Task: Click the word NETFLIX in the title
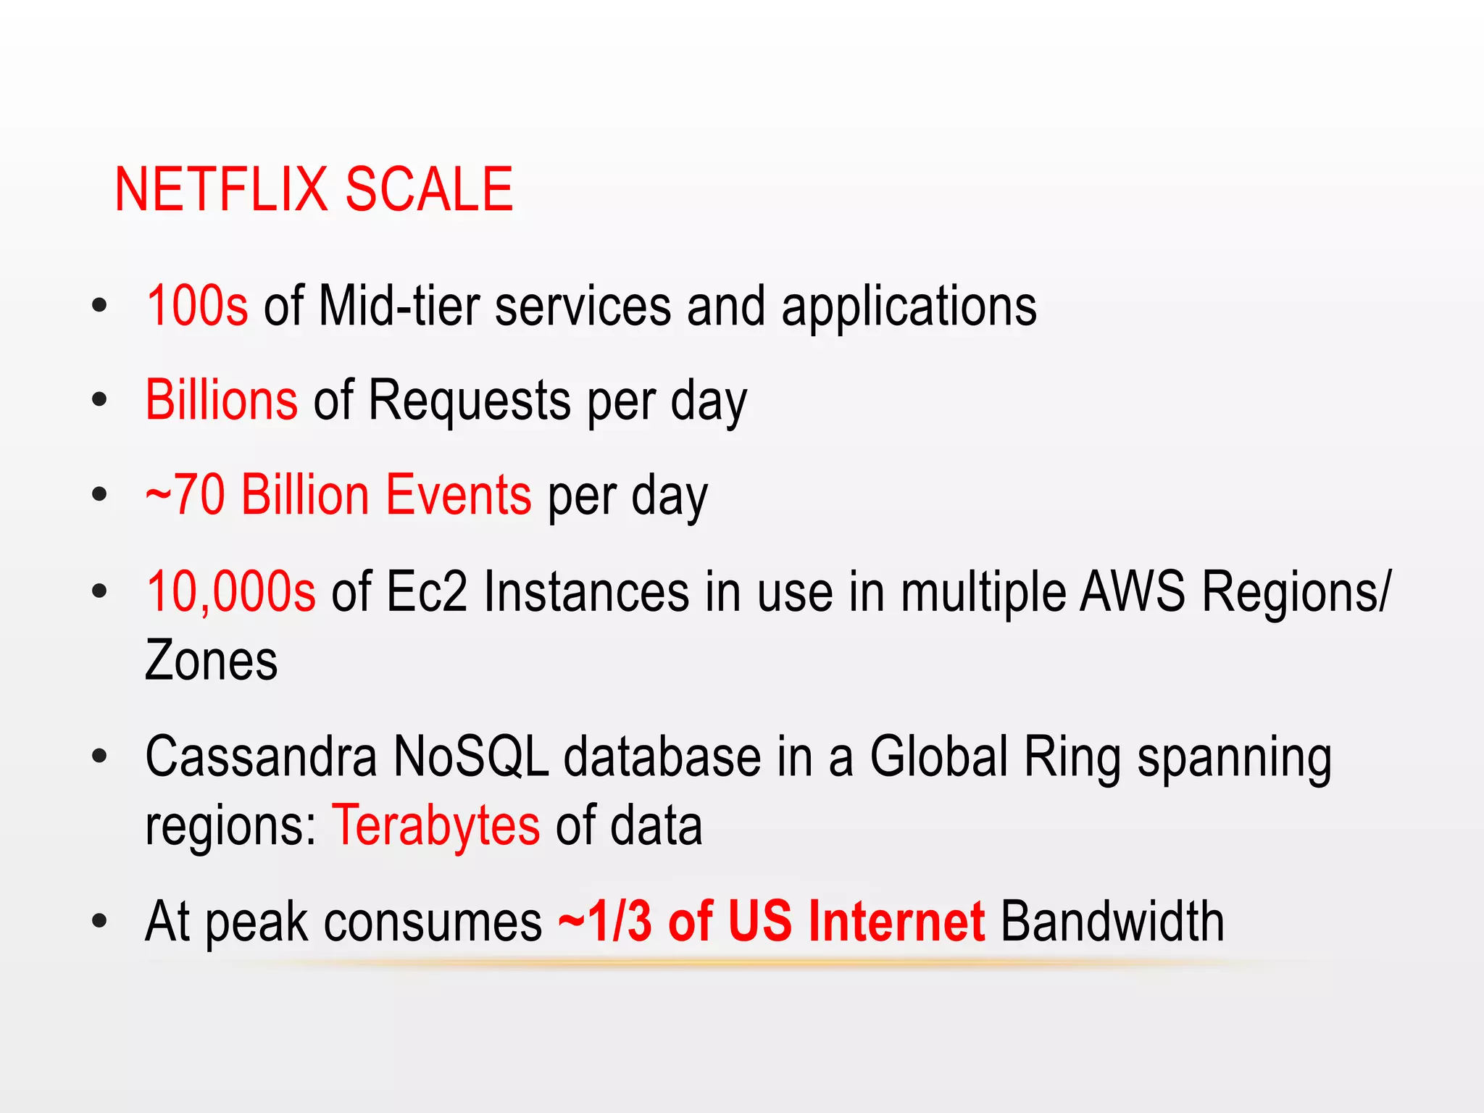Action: coord(221,190)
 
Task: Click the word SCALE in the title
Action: coord(429,190)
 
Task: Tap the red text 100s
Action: coord(197,307)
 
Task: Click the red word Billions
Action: coord(221,400)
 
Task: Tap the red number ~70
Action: coord(185,496)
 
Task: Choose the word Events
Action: coord(458,496)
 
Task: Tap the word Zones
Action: coord(211,661)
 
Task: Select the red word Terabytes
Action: coord(435,826)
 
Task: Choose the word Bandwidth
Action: coord(1112,922)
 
